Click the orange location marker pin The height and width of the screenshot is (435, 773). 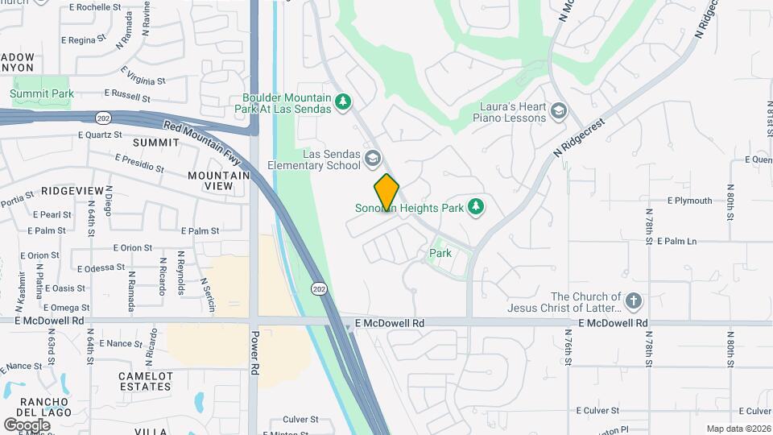click(386, 192)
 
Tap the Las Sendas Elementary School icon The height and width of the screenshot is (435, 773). click(372, 158)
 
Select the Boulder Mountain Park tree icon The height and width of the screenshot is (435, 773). click(344, 101)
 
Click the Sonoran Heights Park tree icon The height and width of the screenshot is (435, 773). click(476, 207)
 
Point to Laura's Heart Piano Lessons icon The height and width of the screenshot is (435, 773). click(559, 110)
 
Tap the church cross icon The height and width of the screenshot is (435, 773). click(634, 301)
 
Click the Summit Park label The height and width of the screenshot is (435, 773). click(42, 94)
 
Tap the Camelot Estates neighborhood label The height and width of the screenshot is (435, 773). click(146, 381)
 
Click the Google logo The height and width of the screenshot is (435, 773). click(27, 425)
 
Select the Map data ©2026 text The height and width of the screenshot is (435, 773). click(738, 429)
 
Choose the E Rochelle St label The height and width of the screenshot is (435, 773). click(95, 6)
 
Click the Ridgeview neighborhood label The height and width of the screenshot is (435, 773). click(73, 190)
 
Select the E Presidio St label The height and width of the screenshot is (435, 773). click(139, 164)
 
